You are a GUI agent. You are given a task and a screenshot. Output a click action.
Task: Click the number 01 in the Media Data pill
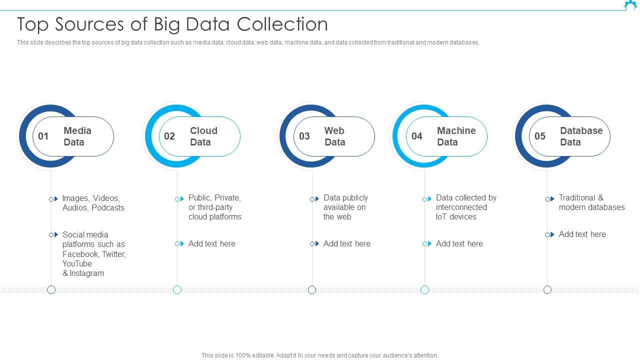point(43,136)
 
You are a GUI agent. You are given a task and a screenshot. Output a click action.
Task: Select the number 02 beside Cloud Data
point(169,136)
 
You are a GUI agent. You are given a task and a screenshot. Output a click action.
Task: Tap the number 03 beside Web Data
point(304,136)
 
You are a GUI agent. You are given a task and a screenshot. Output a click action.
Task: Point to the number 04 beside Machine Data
point(417,136)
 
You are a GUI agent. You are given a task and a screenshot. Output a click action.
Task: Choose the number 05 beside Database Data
point(540,136)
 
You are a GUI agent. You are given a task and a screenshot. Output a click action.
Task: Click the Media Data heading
point(77,136)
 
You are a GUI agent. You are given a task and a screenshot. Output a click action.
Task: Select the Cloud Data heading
point(203,136)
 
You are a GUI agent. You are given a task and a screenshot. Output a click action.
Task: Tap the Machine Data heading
point(456,136)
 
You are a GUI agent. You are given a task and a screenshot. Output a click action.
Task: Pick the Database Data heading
point(581,136)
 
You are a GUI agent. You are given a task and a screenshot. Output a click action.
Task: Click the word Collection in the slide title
point(282,24)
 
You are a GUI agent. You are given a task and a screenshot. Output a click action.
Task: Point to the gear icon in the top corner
point(630,5)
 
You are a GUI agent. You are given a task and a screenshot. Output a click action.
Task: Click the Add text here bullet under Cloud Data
point(211,244)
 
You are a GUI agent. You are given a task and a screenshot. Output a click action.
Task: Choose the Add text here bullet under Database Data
point(582,234)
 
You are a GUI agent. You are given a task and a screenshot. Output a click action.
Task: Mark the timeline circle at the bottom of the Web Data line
point(312,290)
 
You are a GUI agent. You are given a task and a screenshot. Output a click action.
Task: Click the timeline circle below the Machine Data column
point(424,290)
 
